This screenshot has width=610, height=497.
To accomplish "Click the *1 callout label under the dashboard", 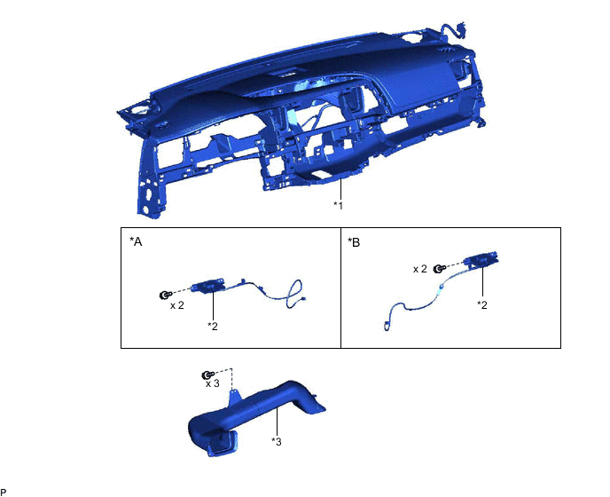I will click(338, 205).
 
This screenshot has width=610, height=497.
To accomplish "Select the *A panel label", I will click(136, 242).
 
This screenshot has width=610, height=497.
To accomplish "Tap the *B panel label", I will click(355, 242).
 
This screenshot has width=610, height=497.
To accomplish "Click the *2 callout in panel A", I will click(213, 326).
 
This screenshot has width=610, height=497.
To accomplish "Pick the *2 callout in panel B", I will click(482, 304).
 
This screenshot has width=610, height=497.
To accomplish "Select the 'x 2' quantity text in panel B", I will click(420, 268).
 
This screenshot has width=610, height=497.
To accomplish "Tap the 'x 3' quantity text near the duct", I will click(213, 383).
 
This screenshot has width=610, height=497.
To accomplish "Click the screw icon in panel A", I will click(164, 296).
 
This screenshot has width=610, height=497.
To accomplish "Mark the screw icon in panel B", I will click(440, 269).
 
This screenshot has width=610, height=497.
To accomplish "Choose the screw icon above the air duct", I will click(207, 375).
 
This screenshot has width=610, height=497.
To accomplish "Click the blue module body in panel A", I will click(214, 286).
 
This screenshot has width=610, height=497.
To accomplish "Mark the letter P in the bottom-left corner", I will click(4, 492).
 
